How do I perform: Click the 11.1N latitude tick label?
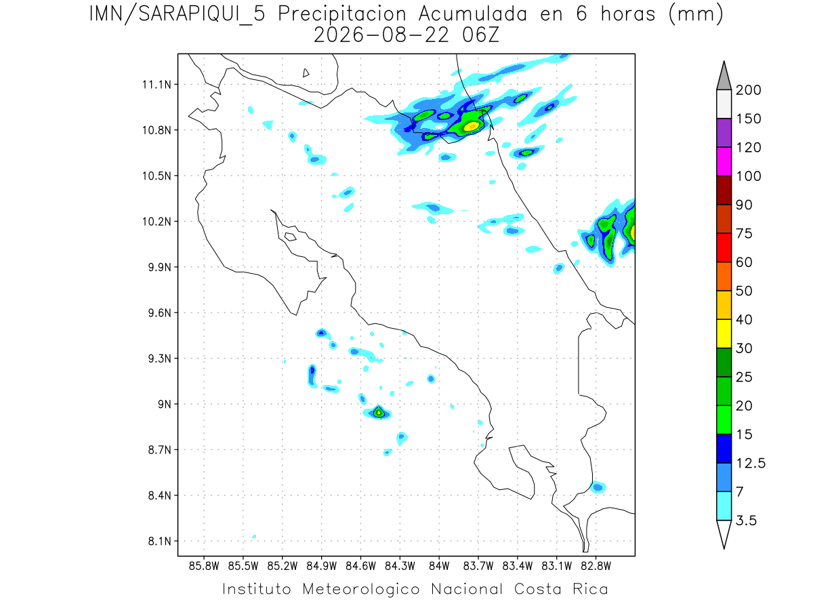click(157, 85)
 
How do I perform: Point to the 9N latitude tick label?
click(165, 404)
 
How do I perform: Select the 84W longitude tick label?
click(439, 566)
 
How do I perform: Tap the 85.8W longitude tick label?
click(204, 566)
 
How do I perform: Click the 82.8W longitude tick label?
click(596, 566)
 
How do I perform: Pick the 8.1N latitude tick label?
click(160, 541)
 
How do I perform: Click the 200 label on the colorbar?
click(748, 90)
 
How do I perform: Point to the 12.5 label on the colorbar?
click(751, 463)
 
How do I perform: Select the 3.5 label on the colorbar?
click(746, 521)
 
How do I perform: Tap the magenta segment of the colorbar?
click(724, 161)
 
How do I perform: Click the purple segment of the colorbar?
click(724, 133)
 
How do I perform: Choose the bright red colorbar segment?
click(724, 248)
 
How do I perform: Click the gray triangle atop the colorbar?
click(724, 78)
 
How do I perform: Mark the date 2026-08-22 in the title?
click(381, 35)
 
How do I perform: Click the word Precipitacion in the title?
click(342, 15)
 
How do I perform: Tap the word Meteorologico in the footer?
click(361, 590)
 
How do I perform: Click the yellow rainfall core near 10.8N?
click(472, 126)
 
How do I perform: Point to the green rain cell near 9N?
click(378, 412)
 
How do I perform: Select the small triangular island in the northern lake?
click(306, 73)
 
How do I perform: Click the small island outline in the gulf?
click(291, 237)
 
